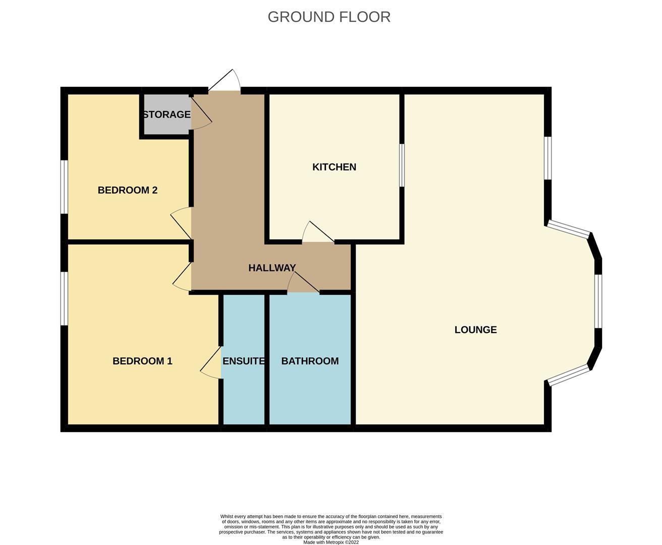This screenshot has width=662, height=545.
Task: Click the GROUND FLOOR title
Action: (x=329, y=17)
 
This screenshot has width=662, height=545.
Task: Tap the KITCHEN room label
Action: (x=334, y=167)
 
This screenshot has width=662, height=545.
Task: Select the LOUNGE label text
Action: (x=475, y=330)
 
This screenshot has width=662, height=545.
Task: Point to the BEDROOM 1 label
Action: (x=142, y=361)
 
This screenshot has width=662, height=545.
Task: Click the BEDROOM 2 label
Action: (x=128, y=190)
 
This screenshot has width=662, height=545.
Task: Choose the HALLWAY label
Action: (x=272, y=268)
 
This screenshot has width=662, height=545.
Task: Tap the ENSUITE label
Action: (x=244, y=361)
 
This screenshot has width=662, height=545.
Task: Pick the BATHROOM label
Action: (x=310, y=361)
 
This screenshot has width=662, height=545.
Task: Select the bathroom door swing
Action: (x=302, y=283)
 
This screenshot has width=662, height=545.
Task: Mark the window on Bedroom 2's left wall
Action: (x=64, y=187)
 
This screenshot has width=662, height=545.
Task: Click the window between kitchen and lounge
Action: (x=402, y=166)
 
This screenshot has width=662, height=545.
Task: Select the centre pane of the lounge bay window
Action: (x=598, y=301)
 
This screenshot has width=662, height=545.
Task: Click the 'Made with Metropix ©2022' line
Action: (x=331, y=542)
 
